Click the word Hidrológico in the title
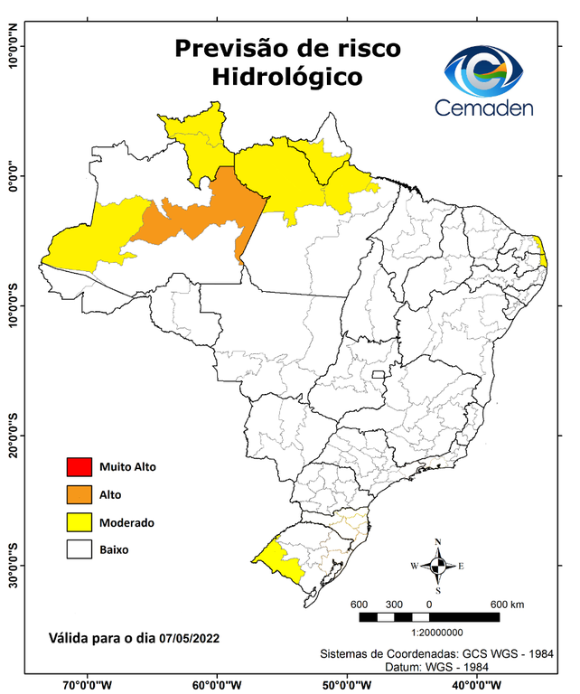287,78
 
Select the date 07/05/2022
189,639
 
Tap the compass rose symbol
438,566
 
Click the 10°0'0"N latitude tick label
13,46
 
